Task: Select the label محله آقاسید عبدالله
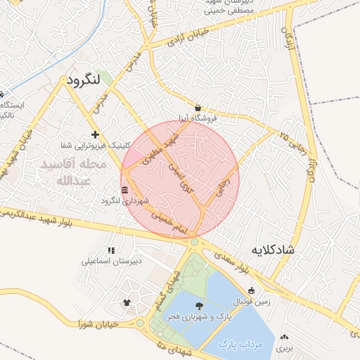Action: pyautogui.click(x=74, y=172)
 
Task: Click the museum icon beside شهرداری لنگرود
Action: pyautogui.click(x=125, y=191)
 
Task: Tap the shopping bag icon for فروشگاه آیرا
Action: pyautogui.click(x=198, y=108)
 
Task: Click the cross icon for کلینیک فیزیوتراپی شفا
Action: pyautogui.click(x=95, y=134)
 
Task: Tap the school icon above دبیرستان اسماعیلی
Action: pyautogui.click(x=111, y=250)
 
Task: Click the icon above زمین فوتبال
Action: pyautogui.click(x=252, y=290)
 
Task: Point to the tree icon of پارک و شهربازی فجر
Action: pyautogui.click(x=199, y=306)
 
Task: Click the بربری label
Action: pyautogui.click(x=284, y=348)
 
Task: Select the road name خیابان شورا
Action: pyautogui.click(x=97, y=324)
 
